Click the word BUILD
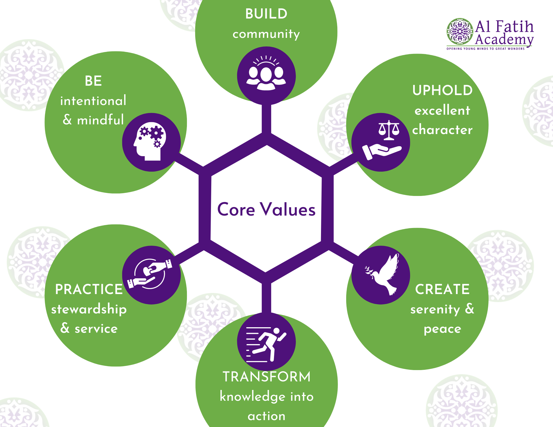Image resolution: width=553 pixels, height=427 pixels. (x=266, y=14)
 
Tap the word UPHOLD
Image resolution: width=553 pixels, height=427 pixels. (x=442, y=90)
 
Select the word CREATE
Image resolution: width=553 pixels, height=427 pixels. (x=442, y=289)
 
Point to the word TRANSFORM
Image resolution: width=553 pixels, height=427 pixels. (x=267, y=377)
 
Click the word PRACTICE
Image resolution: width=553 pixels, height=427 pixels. (x=89, y=289)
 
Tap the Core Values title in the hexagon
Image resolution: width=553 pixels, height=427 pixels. (x=266, y=209)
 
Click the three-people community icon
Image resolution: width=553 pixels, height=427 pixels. (x=266, y=73)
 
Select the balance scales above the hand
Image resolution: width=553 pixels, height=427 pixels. (x=389, y=130)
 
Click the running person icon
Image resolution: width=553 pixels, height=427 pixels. (x=266, y=344)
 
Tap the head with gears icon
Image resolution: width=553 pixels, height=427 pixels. (x=150, y=141)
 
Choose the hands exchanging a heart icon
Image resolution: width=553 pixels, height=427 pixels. (x=150, y=274)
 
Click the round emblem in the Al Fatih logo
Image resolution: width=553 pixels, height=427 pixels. (x=460, y=32)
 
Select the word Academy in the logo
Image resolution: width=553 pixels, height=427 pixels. (x=504, y=40)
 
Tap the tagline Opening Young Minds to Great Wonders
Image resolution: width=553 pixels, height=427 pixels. (x=486, y=49)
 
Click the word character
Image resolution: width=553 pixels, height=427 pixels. (x=442, y=130)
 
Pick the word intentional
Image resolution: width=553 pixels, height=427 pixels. (x=93, y=100)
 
